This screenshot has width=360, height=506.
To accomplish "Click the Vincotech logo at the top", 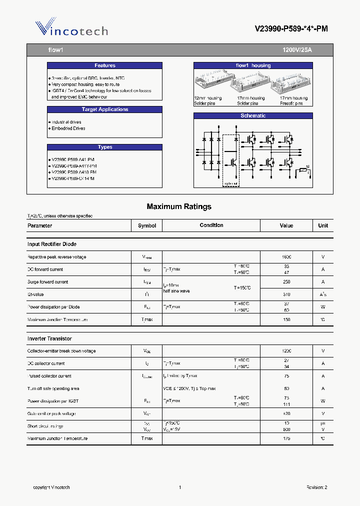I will click(71, 29).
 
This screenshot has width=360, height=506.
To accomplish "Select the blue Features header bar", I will click(104, 65).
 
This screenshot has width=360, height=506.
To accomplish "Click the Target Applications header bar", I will click(104, 109).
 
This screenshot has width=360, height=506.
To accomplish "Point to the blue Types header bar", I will click(104, 147).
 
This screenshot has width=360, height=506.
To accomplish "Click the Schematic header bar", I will click(253, 116).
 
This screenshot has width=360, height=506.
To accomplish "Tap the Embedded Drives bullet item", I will click(68, 128).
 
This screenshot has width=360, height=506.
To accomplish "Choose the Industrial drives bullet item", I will click(66, 122).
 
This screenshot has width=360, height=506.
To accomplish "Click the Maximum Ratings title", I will click(179, 206).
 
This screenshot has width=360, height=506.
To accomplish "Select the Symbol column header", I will click(147, 225).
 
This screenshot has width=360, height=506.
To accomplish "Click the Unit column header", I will click(323, 225).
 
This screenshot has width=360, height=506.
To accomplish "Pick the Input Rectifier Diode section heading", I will click(52, 244).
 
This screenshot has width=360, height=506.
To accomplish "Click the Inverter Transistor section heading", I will click(49, 338).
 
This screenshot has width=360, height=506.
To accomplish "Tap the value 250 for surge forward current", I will click(286, 282).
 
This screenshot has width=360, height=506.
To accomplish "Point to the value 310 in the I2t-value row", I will click(286, 294).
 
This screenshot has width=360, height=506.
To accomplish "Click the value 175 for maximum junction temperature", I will click(286, 438).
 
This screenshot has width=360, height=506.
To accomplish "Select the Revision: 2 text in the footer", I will click(316, 487).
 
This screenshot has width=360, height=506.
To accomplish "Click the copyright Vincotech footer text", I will click(51, 487).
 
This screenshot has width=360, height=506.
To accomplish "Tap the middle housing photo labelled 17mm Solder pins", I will click(251, 82).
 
